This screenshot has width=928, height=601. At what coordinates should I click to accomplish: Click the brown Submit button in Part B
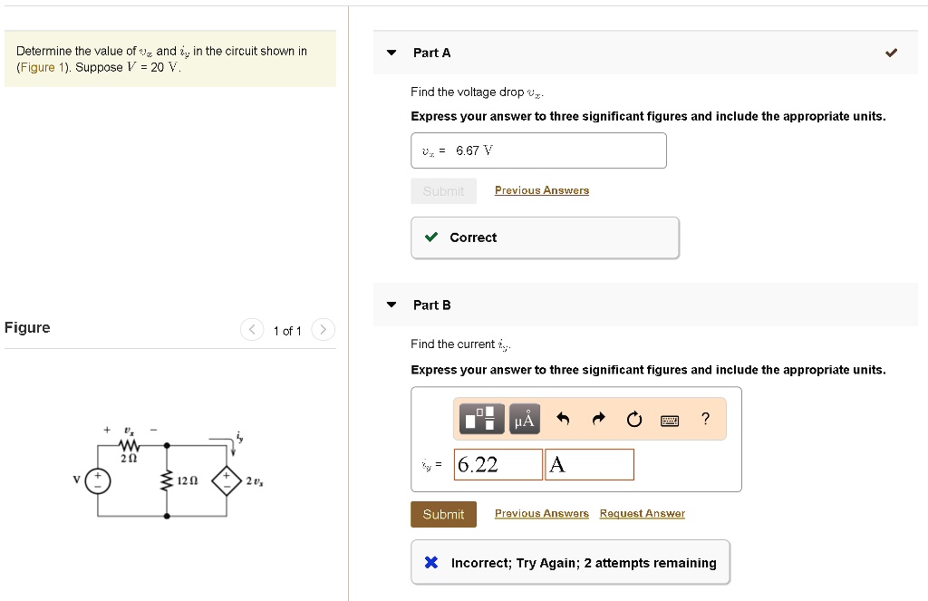tap(443, 514)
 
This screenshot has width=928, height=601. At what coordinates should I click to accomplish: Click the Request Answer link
tap(642, 513)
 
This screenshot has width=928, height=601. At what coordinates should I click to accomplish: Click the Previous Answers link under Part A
tap(541, 190)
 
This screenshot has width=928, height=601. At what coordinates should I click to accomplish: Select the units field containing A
tap(589, 465)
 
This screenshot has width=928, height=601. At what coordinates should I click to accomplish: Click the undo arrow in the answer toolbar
tap(563, 419)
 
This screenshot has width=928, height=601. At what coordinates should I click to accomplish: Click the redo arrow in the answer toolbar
tap(598, 419)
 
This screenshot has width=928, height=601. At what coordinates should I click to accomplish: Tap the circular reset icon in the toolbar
tap(633, 419)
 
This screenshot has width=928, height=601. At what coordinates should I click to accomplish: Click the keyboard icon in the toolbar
tap(670, 420)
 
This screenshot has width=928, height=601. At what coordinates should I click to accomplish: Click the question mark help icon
tap(705, 418)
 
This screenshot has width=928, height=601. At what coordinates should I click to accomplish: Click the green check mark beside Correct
tap(432, 237)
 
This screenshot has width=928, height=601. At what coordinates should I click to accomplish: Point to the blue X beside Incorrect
tap(431, 563)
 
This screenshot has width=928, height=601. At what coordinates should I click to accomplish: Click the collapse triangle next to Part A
tap(391, 53)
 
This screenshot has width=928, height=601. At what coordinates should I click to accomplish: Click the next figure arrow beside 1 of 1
tap(324, 330)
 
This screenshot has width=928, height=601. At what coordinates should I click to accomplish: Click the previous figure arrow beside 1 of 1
tap(252, 330)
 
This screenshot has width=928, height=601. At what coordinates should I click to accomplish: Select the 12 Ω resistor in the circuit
tap(166, 480)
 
